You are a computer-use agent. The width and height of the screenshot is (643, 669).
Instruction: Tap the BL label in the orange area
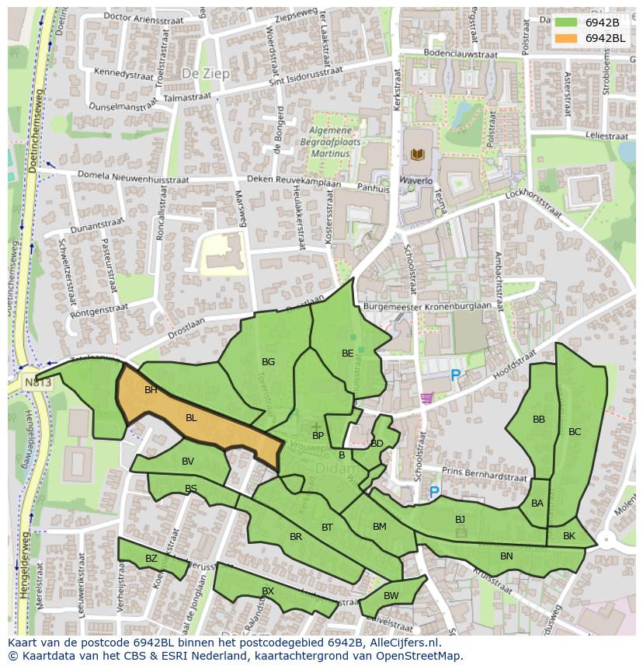pyautogui.click(x=191, y=418)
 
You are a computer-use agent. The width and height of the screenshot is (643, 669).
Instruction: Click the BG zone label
pyautogui.click(x=268, y=362)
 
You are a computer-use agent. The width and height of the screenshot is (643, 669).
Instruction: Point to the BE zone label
pyautogui.click(x=347, y=354)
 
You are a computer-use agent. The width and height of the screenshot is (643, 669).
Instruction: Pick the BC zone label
pyautogui.click(x=575, y=432)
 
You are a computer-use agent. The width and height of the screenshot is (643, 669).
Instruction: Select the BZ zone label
pyautogui.click(x=151, y=559)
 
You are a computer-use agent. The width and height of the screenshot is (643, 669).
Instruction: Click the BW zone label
pyautogui.click(x=391, y=596)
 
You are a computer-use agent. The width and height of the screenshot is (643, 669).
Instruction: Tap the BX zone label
pyautogui.click(x=267, y=591)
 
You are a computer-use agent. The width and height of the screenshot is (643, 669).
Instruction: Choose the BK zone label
pyautogui.click(x=569, y=536)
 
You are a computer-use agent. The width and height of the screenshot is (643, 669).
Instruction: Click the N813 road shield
pyautogui.click(x=37, y=383)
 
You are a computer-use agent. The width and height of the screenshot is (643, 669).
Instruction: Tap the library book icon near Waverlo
pyautogui.click(x=418, y=155)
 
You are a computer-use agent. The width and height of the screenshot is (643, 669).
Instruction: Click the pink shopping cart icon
pyautogui.click(x=426, y=398)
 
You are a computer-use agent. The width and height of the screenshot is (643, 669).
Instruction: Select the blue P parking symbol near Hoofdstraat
pyautogui.click(x=456, y=376)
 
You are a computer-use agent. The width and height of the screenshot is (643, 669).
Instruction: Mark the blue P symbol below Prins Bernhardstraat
pyautogui.click(x=434, y=493)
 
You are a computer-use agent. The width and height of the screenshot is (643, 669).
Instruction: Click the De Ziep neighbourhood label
pyautogui.click(x=201, y=71)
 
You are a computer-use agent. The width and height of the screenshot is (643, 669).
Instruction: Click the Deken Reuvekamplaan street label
pyautogui.click(x=294, y=181)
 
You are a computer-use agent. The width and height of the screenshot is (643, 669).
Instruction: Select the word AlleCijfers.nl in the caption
pyautogui.click(x=404, y=643)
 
